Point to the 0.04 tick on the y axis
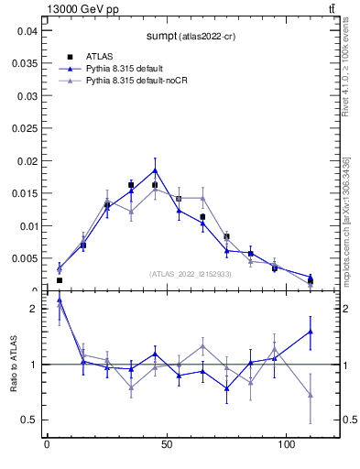point(27,30)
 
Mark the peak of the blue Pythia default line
point(155,169)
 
